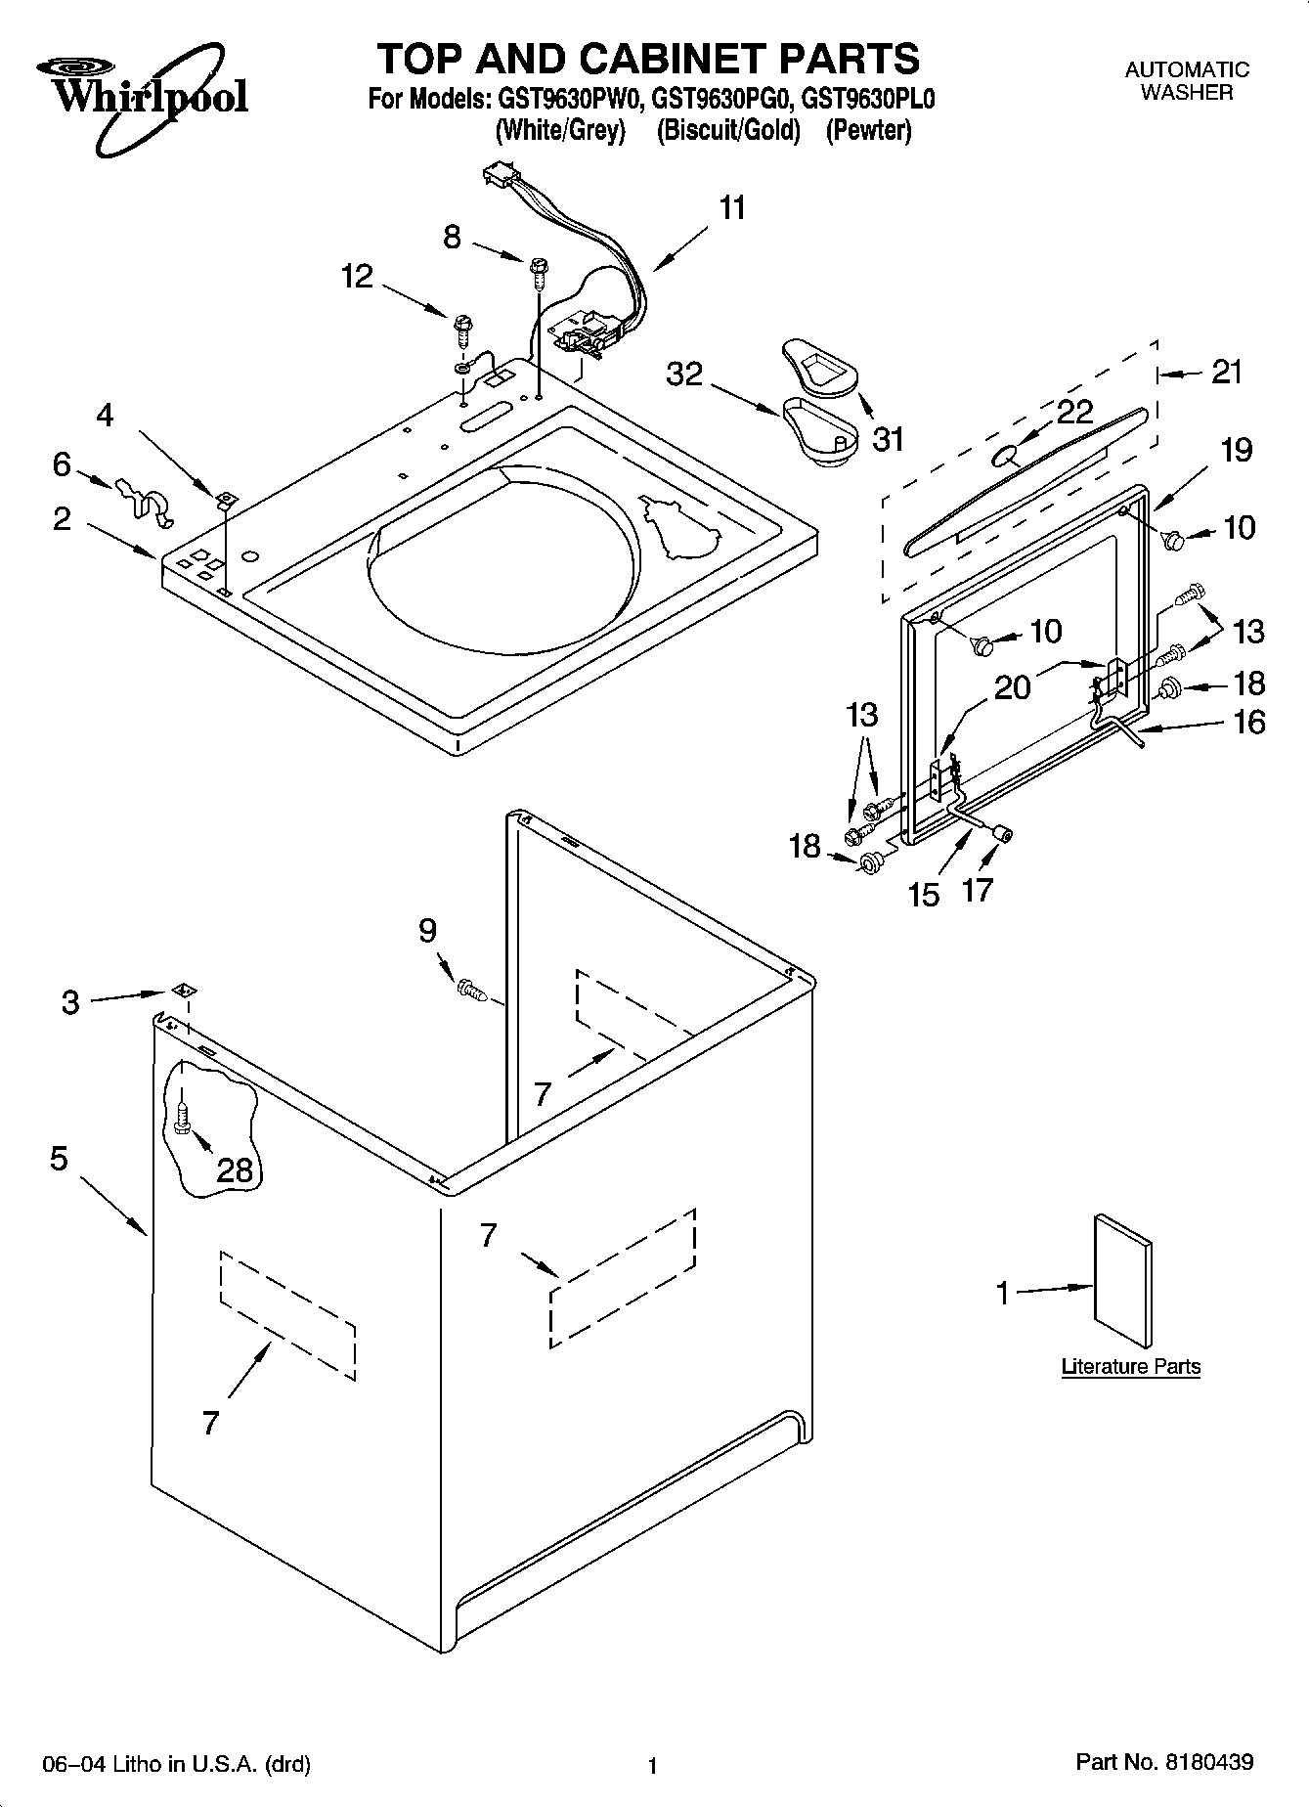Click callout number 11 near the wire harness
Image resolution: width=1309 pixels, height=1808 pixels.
click(x=732, y=207)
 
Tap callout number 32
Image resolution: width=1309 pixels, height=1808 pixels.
click(x=683, y=374)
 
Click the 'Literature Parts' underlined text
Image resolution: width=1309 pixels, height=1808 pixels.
click(x=1130, y=1367)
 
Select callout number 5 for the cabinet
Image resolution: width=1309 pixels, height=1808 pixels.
click(x=59, y=1160)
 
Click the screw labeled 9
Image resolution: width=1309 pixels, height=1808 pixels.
click(x=470, y=990)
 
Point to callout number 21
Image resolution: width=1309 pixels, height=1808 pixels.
click(x=1226, y=372)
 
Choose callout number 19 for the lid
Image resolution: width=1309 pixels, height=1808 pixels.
click(x=1236, y=450)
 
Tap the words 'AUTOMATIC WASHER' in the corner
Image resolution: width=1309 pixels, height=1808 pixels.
click(x=1186, y=81)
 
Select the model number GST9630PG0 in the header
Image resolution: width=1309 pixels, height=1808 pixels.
click(x=725, y=100)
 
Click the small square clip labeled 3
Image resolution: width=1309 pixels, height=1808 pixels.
click(x=181, y=992)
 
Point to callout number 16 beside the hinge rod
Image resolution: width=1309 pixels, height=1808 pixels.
click(x=1248, y=723)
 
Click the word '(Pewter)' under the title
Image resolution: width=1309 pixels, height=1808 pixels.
click(x=868, y=130)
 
